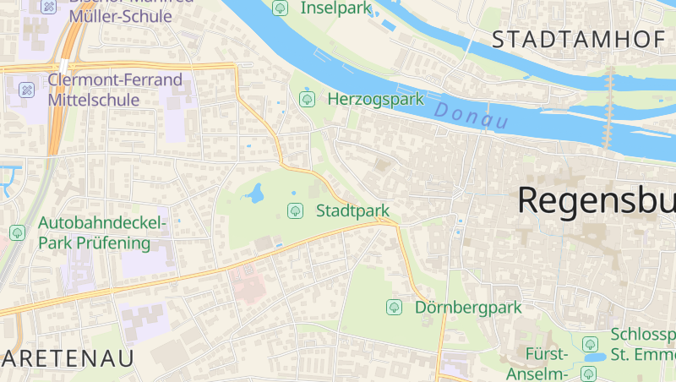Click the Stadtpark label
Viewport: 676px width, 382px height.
pos(352,210)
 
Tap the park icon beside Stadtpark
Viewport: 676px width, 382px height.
pos(295,210)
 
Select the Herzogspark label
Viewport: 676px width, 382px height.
pos(375,99)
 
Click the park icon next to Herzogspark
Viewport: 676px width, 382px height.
pos(306,99)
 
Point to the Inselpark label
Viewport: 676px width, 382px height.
pos(335,8)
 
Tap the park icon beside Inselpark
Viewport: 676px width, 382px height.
pos(280,8)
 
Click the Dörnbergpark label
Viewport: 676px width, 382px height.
pos(468,308)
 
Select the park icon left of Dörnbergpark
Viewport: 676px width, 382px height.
pos(394,308)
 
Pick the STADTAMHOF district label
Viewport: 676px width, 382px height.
pos(582,39)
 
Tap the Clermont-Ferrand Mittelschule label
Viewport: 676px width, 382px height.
pos(115,90)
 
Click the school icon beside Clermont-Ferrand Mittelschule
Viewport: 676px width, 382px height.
pos(27,89)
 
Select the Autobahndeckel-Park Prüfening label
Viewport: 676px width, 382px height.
pos(101,233)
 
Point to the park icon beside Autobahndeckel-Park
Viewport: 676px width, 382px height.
pos(17,232)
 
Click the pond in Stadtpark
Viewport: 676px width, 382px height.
pos(253,195)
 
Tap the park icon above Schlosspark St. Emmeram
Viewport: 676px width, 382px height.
pos(590,343)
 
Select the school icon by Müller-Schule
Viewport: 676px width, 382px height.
pos(49,7)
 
